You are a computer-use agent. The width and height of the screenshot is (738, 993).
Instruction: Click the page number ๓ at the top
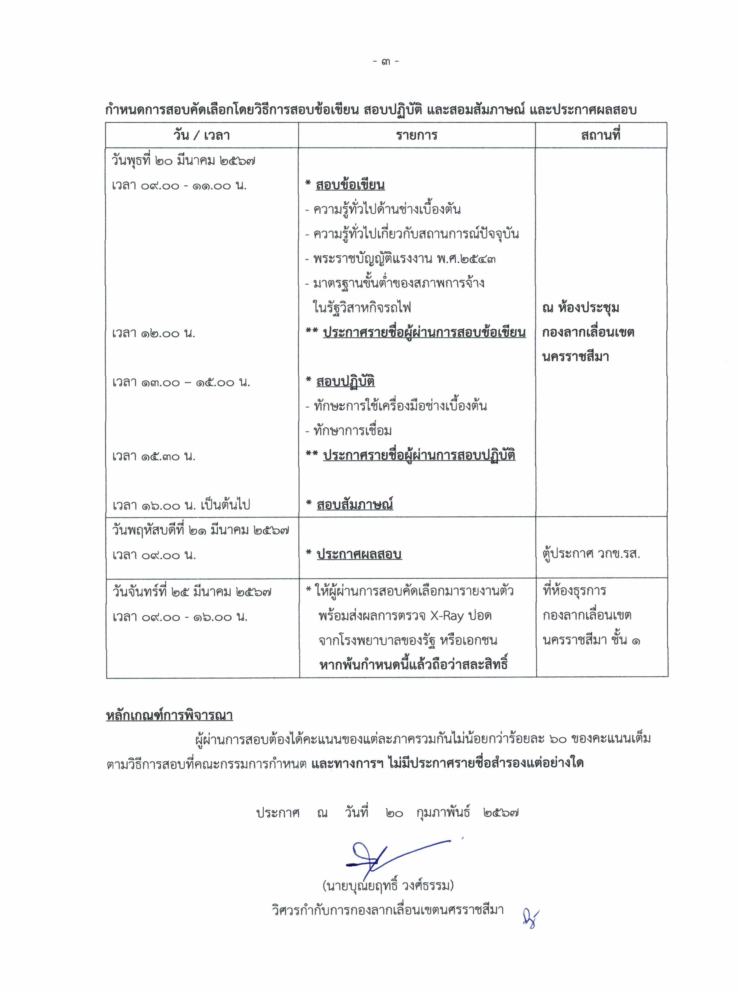tap(386, 61)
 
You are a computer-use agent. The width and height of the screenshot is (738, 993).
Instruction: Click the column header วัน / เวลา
tap(202, 135)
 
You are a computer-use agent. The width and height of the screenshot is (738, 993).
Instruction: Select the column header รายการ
tap(416, 135)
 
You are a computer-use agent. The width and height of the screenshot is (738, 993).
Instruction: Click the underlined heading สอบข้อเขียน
tap(350, 185)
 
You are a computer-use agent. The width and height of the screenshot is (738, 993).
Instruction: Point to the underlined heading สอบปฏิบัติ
tap(345, 382)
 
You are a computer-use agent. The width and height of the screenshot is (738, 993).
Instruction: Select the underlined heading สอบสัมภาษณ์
tap(355, 505)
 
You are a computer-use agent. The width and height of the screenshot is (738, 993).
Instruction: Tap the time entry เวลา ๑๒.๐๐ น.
tap(154, 333)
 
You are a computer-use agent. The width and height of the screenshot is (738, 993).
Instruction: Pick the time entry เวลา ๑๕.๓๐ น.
tap(154, 456)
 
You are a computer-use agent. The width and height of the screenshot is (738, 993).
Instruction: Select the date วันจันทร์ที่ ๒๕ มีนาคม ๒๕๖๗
tap(192, 592)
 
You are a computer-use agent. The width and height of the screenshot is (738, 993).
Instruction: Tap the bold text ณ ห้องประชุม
tap(580, 308)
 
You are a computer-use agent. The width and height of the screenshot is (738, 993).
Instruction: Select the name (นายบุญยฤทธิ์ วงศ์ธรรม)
tap(388, 885)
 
